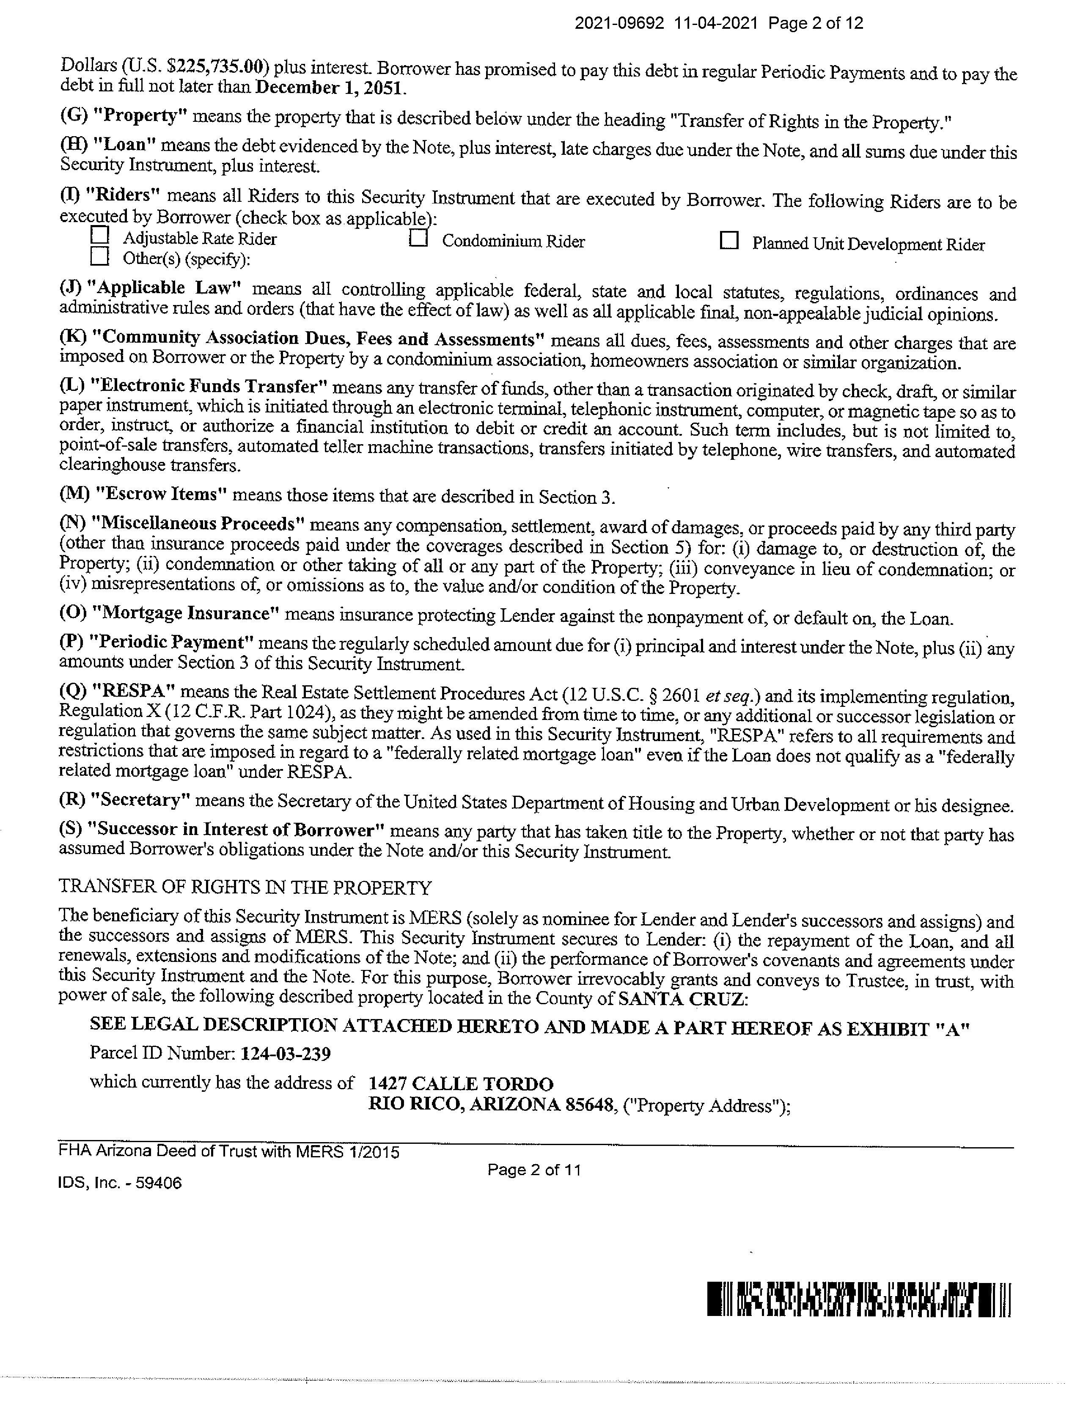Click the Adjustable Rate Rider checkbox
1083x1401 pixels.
[x=99, y=236]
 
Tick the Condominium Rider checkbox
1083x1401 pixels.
[x=418, y=238]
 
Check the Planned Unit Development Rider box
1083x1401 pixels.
[x=729, y=241]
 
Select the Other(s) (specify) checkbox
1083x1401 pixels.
[x=99, y=257]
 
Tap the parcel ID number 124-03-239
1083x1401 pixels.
[x=286, y=1053]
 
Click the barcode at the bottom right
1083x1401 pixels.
[x=859, y=1299]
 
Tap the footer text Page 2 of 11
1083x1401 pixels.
[x=534, y=1170]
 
